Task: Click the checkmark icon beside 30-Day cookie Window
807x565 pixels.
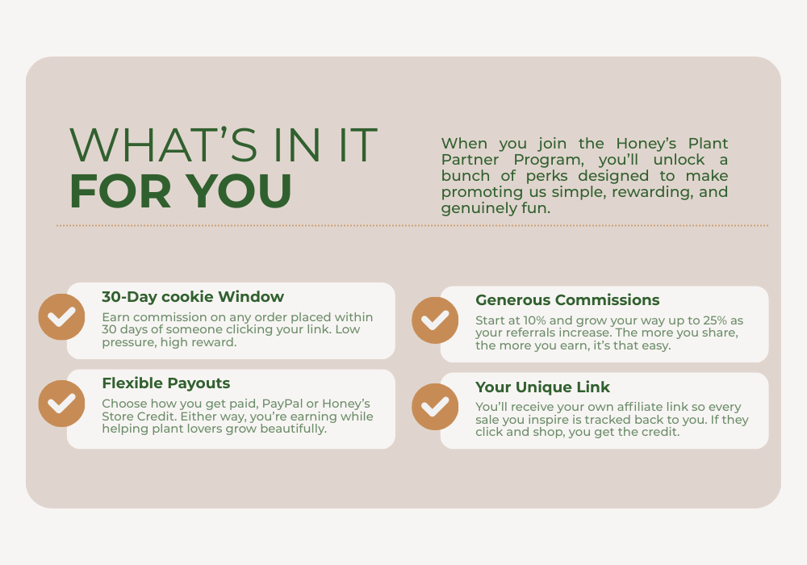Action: (x=62, y=317)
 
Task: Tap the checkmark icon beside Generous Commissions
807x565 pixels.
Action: (x=435, y=320)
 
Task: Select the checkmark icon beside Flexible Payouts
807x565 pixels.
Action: (x=62, y=404)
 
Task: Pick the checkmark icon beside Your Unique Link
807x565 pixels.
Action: (x=435, y=407)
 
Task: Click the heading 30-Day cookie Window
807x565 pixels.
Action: (x=193, y=297)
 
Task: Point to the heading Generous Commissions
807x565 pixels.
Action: (x=567, y=300)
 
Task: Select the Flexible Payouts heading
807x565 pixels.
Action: (x=165, y=383)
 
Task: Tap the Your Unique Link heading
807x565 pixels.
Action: (x=542, y=387)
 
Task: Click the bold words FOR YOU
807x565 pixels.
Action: (x=181, y=191)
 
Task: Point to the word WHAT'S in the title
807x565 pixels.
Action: (x=163, y=144)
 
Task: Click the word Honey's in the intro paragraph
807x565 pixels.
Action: (x=646, y=143)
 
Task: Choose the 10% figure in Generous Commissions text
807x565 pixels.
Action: (x=534, y=320)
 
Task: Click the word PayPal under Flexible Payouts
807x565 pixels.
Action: (x=282, y=404)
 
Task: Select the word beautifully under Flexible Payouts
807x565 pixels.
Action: (x=294, y=429)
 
